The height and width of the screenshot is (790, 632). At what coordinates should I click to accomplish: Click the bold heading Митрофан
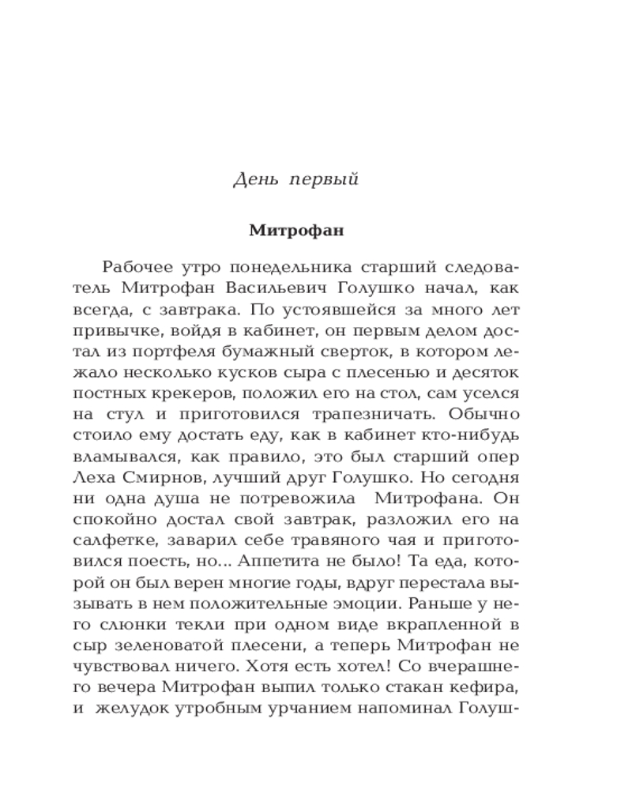pyautogui.click(x=297, y=231)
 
